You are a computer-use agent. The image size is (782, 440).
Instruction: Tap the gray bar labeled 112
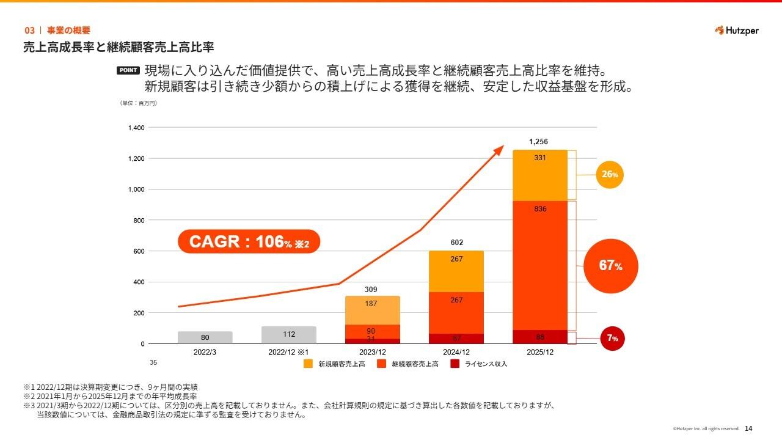coord(289,335)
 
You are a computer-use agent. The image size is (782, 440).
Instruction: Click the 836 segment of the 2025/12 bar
coord(540,265)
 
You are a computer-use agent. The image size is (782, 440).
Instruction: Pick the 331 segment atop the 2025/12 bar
coord(540,175)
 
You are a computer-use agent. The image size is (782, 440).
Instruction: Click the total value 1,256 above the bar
coord(538,142)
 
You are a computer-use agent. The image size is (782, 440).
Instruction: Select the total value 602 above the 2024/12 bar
coord(456,243)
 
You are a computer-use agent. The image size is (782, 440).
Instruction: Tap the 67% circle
coord(610,266)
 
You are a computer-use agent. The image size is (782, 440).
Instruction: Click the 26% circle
coord(610,175)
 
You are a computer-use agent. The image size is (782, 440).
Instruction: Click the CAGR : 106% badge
coord(249,242)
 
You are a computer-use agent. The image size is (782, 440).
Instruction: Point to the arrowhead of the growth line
coord(500,148)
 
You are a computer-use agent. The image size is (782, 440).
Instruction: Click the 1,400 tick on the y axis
coord(136,128)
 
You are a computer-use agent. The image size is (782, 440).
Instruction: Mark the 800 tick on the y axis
coord(139,221)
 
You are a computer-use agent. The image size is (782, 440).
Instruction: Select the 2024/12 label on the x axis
coord(456,353)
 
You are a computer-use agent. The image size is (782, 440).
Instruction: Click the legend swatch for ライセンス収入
coord(455,364)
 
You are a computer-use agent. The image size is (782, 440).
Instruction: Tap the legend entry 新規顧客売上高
coord(335,364)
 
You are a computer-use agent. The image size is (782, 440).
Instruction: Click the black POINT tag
coord(128,70)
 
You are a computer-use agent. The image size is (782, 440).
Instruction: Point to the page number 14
coord(748,428)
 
